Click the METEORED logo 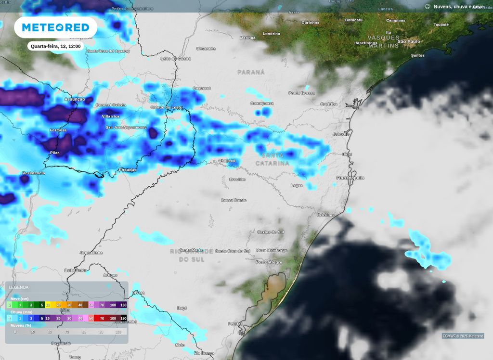55,27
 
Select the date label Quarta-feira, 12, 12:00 55,46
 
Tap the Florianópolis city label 350,178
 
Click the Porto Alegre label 269,262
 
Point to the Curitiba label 329,104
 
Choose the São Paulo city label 409,41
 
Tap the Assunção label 74,99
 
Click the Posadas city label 128,169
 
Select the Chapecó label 227,161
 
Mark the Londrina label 272,34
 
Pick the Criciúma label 326,215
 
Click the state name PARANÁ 251,72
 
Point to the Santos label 417,55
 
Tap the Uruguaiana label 91,252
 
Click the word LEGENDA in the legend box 19,287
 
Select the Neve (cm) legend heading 20,298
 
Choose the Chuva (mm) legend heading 21,312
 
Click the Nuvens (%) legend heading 20,325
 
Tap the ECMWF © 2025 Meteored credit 463,336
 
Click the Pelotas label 234,323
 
